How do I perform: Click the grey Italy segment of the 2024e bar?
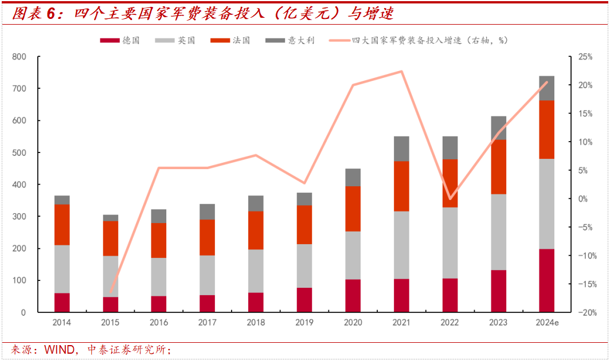tap(546, 88)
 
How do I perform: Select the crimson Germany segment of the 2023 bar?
tap(498, 291)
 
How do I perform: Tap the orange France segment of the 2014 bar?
tap(61, 225)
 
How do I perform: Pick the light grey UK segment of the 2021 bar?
tap(401, 245)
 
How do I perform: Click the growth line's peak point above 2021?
tap(401, 72)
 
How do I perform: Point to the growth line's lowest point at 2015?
tap(111, 292)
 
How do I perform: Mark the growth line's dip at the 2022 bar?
tap(450, 199)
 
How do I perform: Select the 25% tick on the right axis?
tap(585, 57)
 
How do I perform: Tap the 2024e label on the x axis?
tap(547, 323)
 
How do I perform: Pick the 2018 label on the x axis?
tap(256, 323)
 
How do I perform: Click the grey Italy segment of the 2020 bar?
tap(353, 177)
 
